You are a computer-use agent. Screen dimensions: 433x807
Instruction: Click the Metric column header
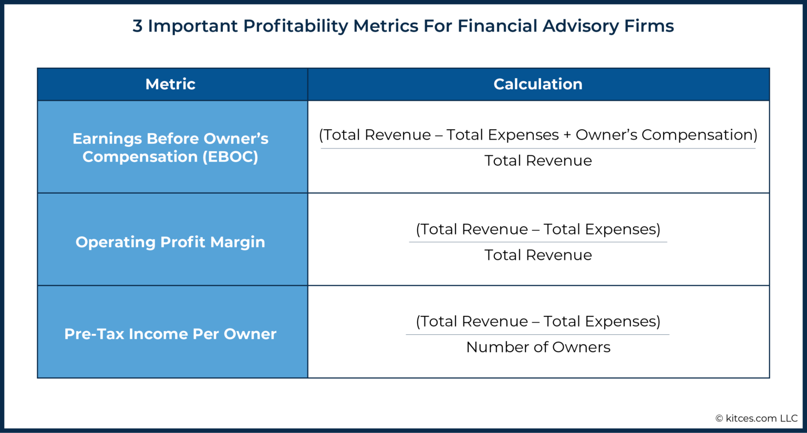[x=170, y=84]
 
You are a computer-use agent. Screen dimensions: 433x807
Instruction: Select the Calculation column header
[x=537, y=84]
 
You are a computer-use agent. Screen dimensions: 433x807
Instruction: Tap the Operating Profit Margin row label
[x=170, y=242]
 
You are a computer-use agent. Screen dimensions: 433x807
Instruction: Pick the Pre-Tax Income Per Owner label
[x=170, y=334]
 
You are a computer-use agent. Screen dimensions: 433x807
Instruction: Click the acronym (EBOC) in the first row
[x=230, y=157]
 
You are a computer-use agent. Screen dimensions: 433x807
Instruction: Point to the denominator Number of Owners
[x=538, y=347]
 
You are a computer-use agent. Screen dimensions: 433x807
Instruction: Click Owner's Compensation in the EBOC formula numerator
[x=666, y=135]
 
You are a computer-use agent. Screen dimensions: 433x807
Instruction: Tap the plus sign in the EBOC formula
[x=567, y=135]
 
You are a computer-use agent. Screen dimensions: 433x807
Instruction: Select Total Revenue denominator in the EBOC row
[x=538, y=161]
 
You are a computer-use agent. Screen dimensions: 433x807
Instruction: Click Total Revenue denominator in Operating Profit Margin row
[x=538, y=255]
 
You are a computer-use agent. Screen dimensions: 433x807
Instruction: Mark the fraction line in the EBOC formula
[x=538, y=149]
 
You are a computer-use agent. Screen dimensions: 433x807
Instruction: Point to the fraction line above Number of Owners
[x=538, y=334]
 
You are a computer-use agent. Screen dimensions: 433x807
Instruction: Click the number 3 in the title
[x=137, y=26]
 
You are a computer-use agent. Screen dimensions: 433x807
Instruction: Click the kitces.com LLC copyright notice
[x=756, y=418]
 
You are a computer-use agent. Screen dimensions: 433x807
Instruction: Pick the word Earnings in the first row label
[x=107, y=139]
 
